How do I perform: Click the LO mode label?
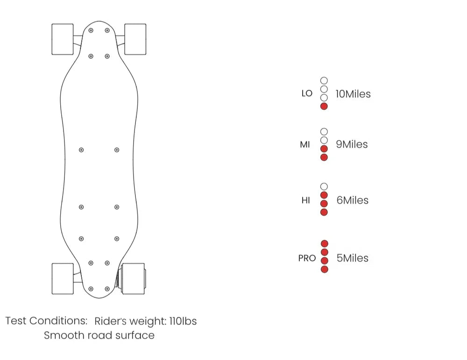click(307, 93)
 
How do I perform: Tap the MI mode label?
click(305, 145)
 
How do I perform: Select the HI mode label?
click(305, 200)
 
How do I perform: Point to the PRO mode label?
click(307, 258)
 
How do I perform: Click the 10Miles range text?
click(353, 94)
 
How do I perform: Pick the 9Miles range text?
click(352, 144)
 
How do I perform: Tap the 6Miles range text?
click(352, 200)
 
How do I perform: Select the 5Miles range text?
click(352, 258)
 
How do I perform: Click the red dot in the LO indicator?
click(324, 106)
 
